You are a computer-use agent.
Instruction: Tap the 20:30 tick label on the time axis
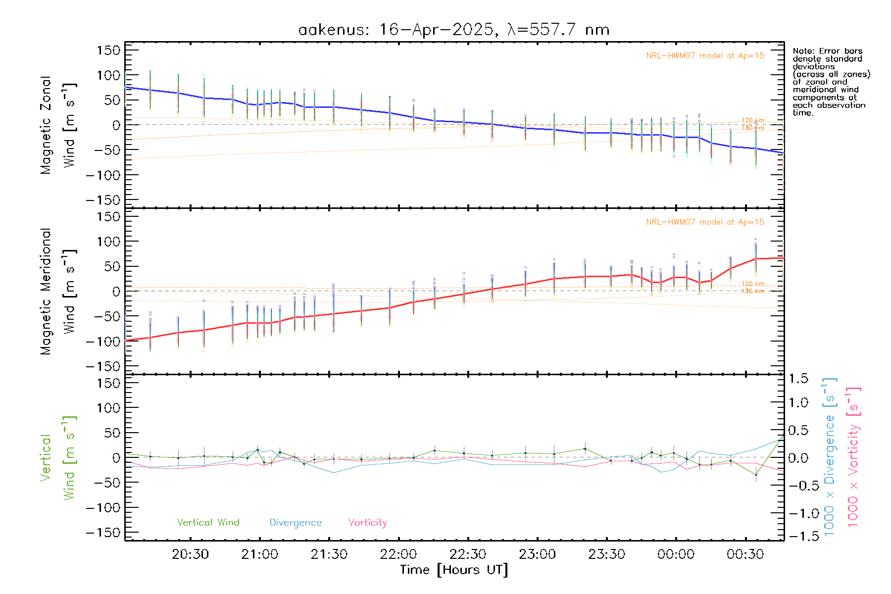click(190, 554)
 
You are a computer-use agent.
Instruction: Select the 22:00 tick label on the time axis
click(398, 554)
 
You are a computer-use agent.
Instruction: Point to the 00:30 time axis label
click(745, 554)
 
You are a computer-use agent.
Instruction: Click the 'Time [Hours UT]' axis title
click(454, 570)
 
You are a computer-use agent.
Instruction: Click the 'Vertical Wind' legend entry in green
click(208, 522)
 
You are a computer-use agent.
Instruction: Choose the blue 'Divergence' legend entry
click(296, 522)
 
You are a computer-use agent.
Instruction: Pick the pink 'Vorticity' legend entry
click(367, 522)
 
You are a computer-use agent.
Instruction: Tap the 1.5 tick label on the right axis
click(798, 379)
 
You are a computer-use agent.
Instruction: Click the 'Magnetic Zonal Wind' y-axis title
click(58, 125)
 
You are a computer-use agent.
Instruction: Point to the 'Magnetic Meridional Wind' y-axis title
click(58, 292)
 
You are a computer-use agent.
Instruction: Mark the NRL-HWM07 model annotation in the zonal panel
click(705, 56)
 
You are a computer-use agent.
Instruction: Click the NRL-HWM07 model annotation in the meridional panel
click(705, 222)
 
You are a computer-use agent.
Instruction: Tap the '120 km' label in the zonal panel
click(752, 120)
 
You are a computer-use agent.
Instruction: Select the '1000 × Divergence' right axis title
click(829, 456)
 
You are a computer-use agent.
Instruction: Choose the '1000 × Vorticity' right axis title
click(853, 456)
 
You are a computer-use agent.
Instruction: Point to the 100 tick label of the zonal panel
click(109, 75)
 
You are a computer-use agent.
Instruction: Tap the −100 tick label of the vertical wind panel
click(103, 508)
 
